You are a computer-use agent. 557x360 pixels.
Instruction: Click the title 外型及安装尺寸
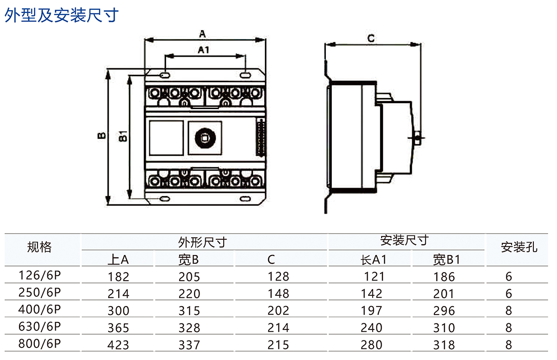[62, 15]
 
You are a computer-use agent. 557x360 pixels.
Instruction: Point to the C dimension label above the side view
[370, 38]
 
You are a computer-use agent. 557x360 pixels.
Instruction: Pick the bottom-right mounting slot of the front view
[245, 199]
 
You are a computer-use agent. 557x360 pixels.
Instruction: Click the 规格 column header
[39, 247]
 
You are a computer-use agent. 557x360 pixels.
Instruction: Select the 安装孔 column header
[518, 247]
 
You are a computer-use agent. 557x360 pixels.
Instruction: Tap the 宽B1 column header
[446, 259]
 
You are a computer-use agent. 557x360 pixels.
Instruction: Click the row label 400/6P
[39, 309]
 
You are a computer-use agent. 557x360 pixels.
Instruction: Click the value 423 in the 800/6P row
[118, 345]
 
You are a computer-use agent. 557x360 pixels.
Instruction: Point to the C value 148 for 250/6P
[278, 294]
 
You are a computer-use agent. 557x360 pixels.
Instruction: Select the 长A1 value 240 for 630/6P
[372, 327]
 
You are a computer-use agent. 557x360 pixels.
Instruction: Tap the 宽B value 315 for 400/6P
[189, 310]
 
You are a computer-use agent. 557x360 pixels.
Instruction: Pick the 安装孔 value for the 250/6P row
[509, 294]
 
